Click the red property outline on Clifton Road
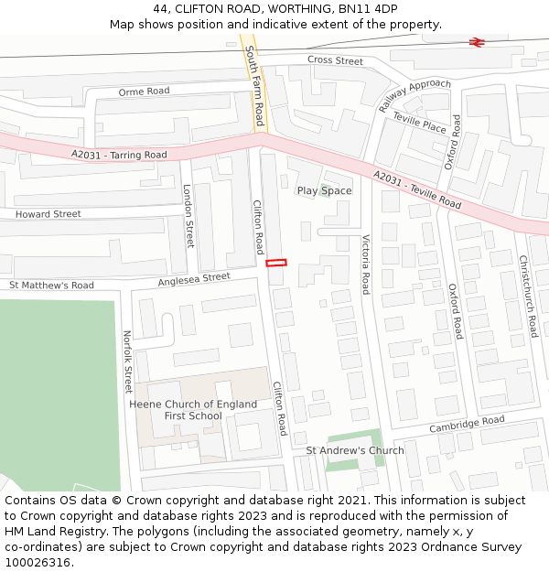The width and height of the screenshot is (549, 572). [276, 263]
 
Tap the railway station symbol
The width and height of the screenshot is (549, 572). [476, 41]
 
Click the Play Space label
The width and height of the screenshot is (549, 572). [324, 191]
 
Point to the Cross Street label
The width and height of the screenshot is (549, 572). [335, 60]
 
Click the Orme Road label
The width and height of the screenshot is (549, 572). [144, 92]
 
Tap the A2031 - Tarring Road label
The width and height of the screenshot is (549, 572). [119, 155]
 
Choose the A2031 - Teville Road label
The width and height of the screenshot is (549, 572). [417, 189]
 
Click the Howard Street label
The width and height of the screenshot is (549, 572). [48, 214]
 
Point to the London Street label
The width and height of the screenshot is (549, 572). [188, 216]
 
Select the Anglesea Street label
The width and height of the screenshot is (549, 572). [194, 277]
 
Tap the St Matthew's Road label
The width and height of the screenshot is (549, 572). [51, 286]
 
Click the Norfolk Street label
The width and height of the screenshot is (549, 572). [127, 362]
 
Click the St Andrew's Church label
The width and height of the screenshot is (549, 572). [355, 450]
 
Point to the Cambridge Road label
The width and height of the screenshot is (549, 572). [468, 425]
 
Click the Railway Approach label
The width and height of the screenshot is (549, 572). [414, 96]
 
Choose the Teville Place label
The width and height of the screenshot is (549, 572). [419, 123]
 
